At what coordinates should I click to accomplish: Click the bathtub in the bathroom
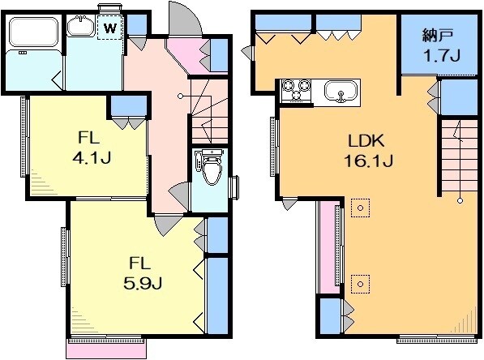tap(33, 32)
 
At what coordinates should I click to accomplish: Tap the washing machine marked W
tap(110, 28)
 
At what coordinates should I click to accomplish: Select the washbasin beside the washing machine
tap(81, 26)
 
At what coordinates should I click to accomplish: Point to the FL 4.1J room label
tap(92, 148)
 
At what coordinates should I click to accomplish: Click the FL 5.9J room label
tap(143, 273)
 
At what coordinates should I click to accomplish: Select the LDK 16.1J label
tap(368, 151)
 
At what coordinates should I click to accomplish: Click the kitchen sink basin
tap(341, 91)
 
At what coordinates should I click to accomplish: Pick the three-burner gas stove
tap(297, 90)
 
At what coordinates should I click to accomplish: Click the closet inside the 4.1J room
tap(129, 105)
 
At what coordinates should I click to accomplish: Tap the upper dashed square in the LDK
tap(360, 208)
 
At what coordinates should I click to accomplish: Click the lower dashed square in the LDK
tap(360, 284)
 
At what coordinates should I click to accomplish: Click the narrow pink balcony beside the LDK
tap(328, 247)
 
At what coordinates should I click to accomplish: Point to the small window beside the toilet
tap(235, 187)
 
